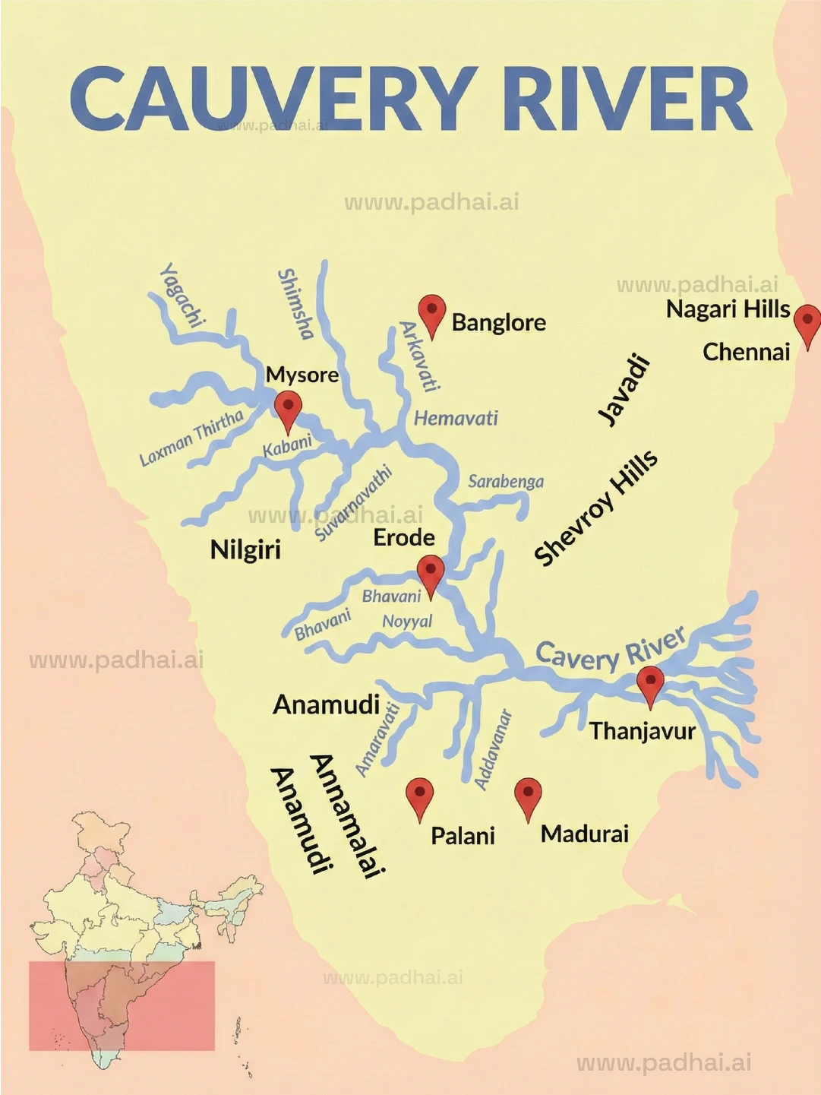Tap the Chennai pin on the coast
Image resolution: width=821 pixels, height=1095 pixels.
(x=807, y=322)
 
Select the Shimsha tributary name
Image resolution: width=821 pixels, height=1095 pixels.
(x=295, y=303)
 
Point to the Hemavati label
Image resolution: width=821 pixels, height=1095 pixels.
(x=456, y=418)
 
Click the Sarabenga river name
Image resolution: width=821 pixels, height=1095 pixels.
(x=506, y=481)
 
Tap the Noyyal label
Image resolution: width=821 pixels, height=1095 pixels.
(x=407, y=621)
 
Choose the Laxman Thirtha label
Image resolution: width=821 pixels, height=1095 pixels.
(x=191, y=437)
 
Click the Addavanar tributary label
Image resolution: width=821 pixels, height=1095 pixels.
(x=493, y=749)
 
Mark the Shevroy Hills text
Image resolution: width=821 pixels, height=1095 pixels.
(x=595, y=508)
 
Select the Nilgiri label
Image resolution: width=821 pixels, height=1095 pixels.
(x=245, y=549)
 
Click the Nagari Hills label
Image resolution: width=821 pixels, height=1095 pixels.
(x=728, y=309)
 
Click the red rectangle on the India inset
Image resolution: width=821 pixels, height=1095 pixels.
(x=122, y=1005)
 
